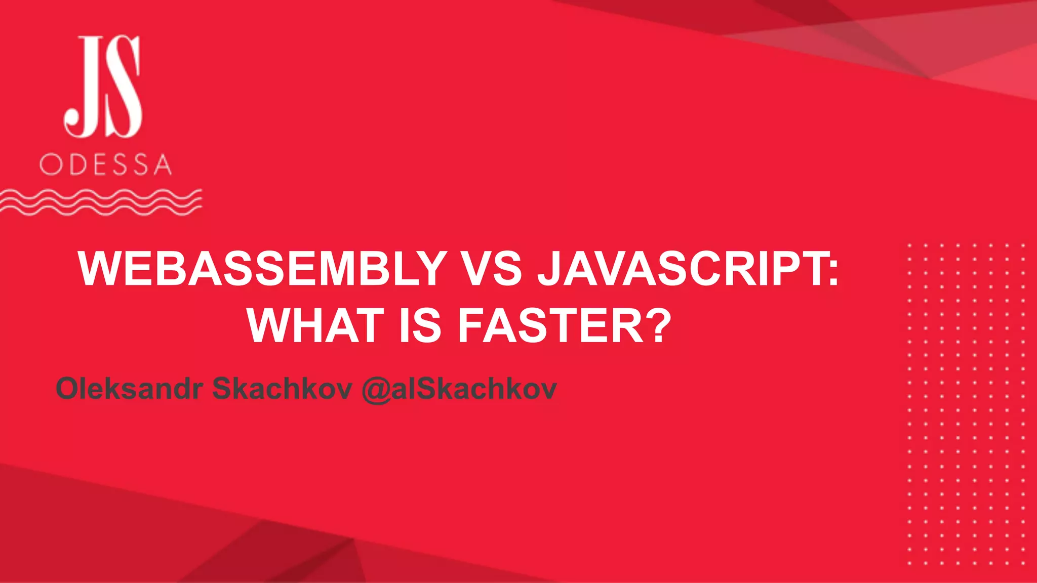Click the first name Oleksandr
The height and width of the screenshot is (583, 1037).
(x=129, y=389)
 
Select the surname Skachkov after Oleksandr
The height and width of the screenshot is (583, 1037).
(x=282, y=389)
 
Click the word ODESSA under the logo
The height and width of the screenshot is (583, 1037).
(x=106, y=164)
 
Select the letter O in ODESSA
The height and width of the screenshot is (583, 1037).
(x=50, y=164)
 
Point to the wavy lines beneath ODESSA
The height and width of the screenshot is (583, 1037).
(x=101, y=202)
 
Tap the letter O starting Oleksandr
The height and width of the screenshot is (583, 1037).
(x=68, y=389)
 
